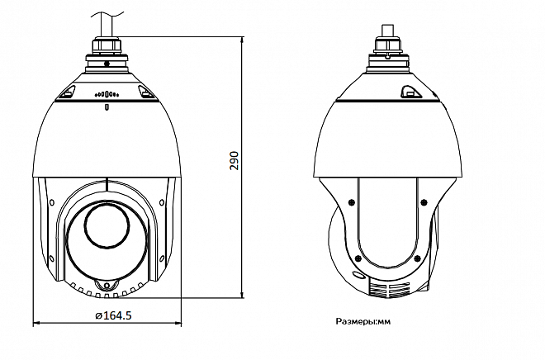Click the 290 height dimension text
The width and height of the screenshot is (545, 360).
(234, 160)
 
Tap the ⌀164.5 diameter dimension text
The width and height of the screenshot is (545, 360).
(114, 315)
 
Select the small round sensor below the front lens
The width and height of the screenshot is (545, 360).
(105, 286)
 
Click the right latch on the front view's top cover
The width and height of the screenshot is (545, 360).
(146, 92)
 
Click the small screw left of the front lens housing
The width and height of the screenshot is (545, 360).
(53, 201)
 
